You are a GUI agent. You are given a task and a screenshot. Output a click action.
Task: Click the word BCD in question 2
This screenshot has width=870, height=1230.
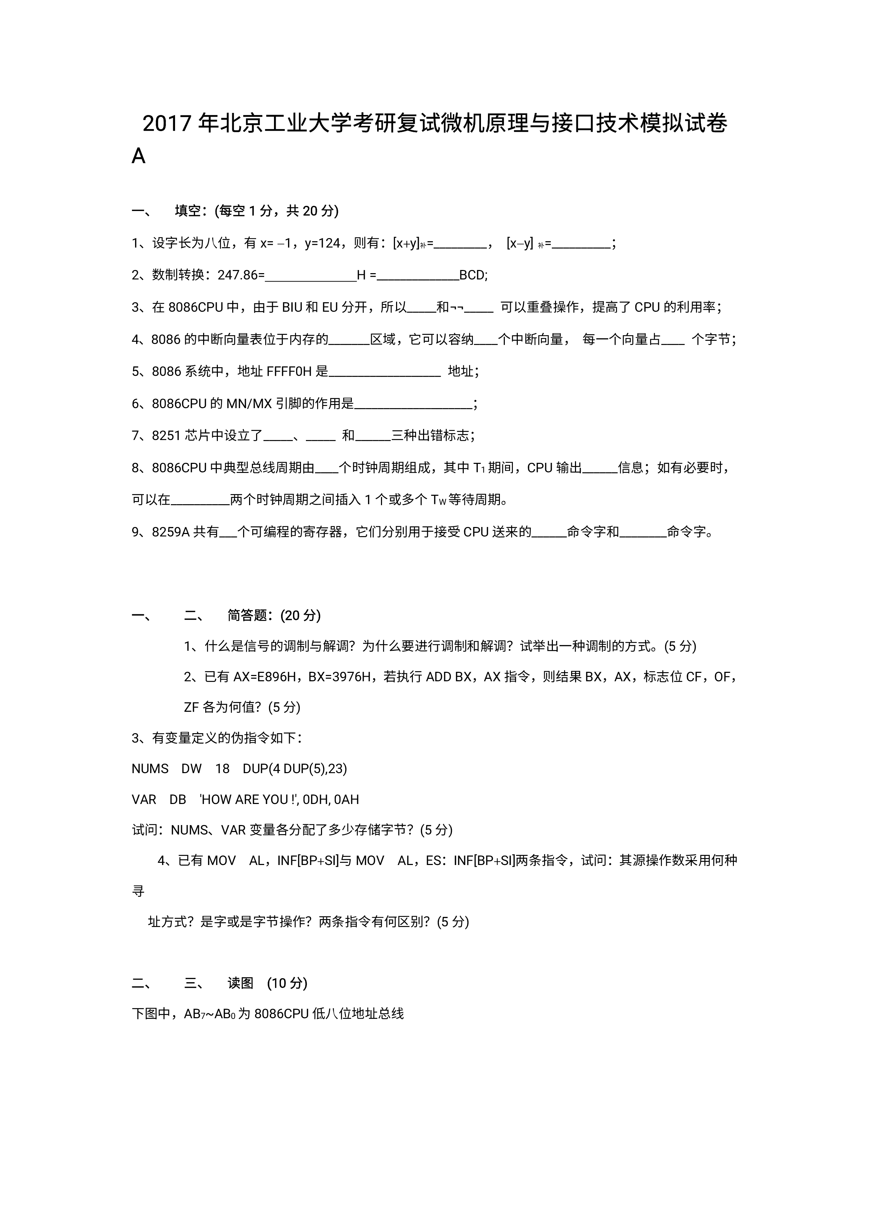tap(473, 275)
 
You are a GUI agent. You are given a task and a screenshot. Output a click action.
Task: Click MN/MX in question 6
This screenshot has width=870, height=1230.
tap(249, 403)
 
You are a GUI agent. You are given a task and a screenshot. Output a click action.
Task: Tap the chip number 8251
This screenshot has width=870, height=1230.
tap(166, 435)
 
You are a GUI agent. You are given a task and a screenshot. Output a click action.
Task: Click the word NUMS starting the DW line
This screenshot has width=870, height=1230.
tap(150, 769)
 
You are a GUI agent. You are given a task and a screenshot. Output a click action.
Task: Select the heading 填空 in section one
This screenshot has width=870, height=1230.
tap(188, 211)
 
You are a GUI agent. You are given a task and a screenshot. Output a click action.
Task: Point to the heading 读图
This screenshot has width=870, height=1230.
tap(240, 983)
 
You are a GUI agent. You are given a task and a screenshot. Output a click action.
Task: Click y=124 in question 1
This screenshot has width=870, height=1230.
tap(322, 244)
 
